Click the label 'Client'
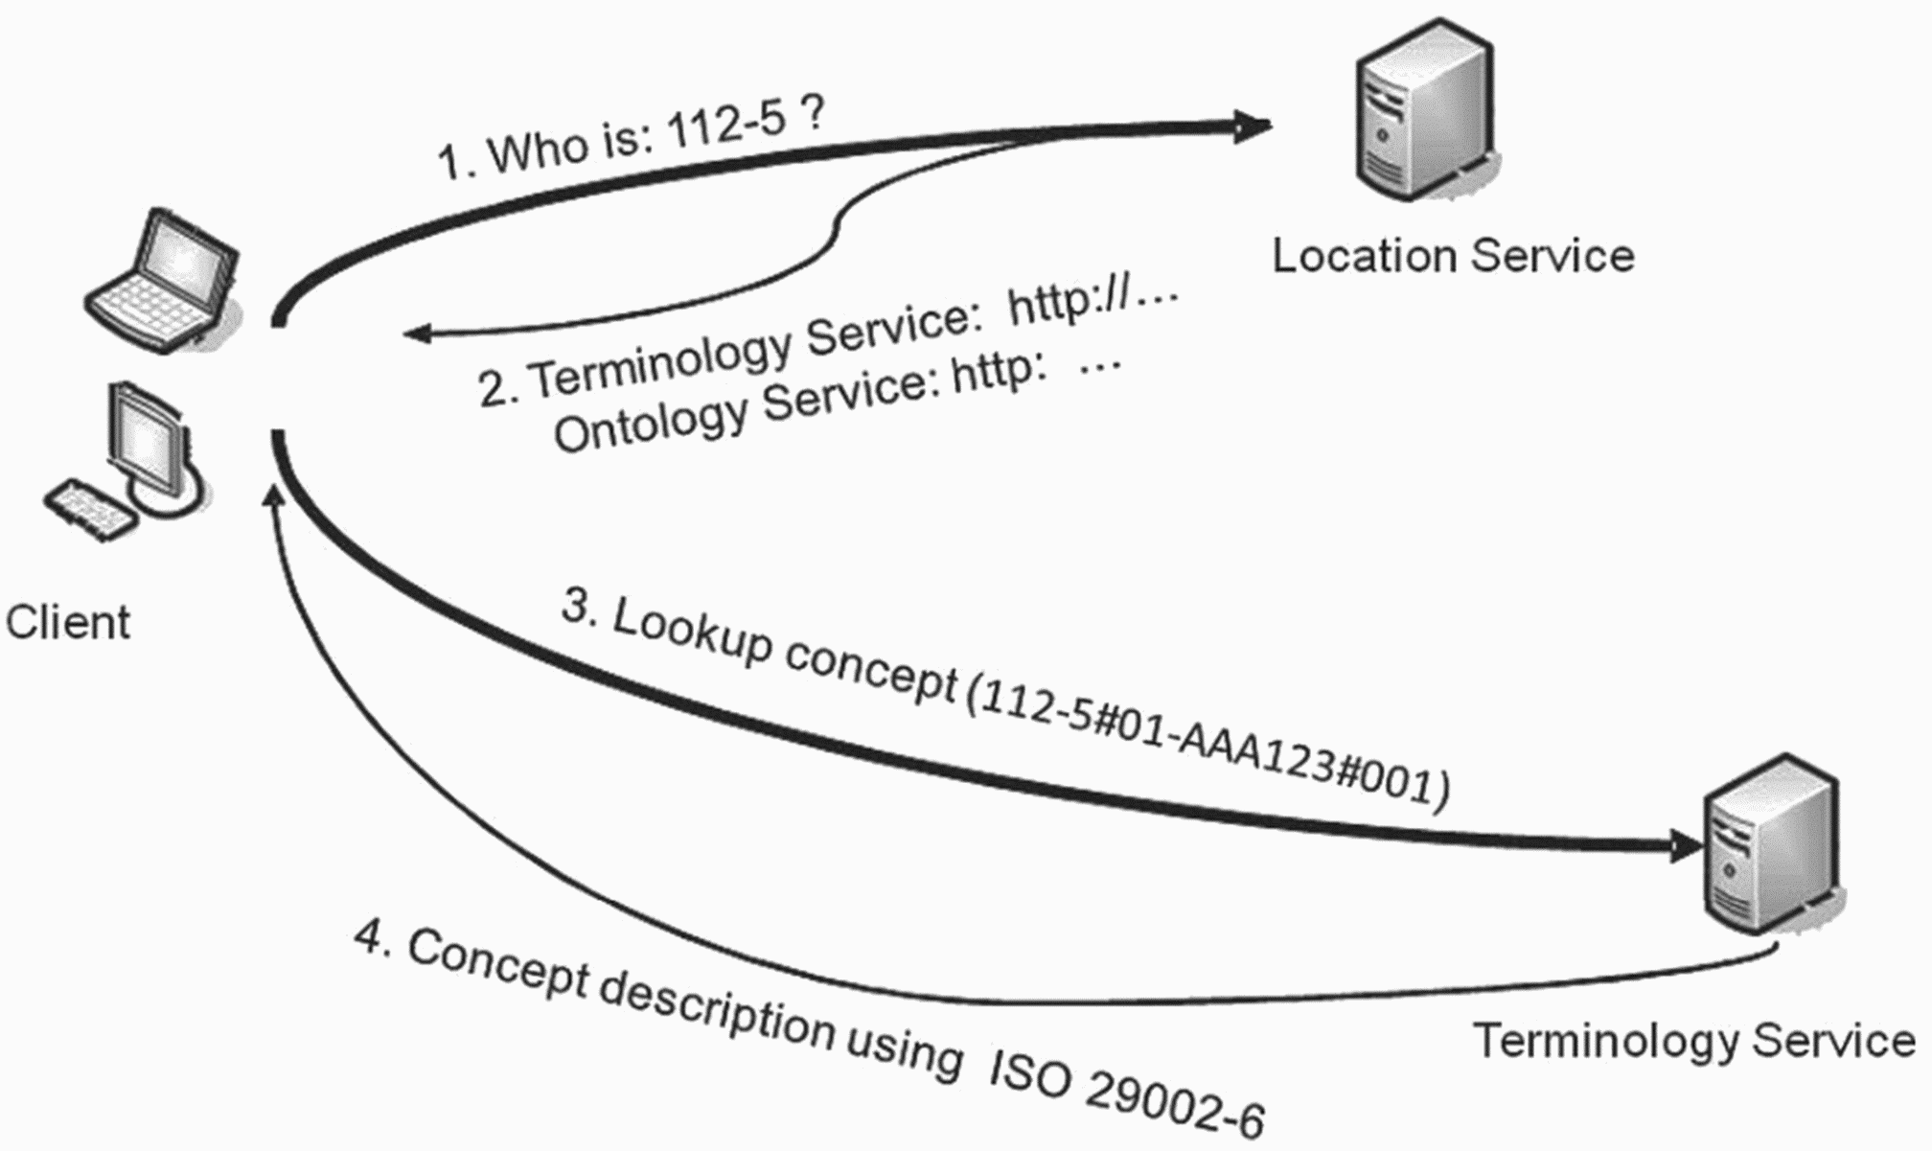(67, 622)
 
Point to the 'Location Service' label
(1453, 256)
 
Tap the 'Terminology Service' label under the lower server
(1693, 1041)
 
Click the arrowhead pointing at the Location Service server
(1251, 125)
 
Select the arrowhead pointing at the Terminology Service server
(1686, 844)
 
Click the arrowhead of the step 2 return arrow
(419, 334)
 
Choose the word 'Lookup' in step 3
(692, 631)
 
